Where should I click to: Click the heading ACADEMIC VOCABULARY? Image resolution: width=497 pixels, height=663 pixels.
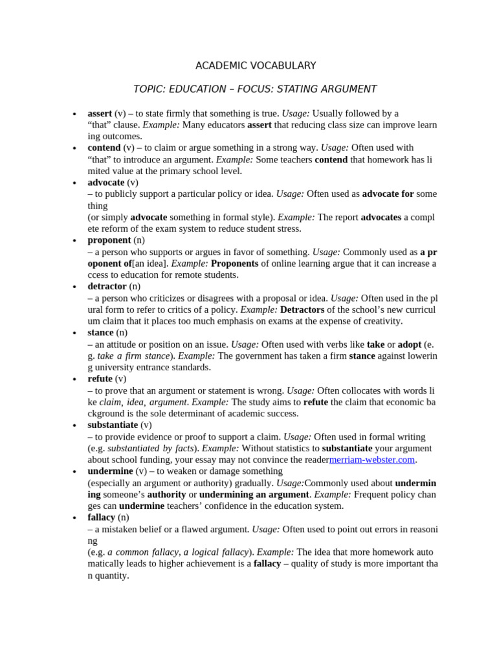(256, 65)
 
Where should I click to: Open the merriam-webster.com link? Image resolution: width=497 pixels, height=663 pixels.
(372, 460)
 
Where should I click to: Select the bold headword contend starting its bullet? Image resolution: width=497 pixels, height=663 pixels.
(104, 148)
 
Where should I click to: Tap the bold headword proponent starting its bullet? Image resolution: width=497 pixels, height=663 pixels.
(109, 240)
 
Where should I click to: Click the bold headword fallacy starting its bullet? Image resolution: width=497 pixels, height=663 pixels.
(102, 517)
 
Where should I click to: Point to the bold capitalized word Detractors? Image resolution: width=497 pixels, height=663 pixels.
(302, 309)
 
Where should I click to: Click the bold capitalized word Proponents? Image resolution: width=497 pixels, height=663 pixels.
(234, 264)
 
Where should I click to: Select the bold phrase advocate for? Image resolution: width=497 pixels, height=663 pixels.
(388, 194)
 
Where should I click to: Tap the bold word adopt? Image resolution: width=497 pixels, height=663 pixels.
(409, 344)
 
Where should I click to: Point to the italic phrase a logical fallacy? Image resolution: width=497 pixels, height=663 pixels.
(216, 552)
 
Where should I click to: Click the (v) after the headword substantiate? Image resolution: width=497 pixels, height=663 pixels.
(146, 425)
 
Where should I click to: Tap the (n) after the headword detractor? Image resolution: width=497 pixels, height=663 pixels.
(135, 286)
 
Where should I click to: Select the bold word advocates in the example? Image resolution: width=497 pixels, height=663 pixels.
(381, 217)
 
